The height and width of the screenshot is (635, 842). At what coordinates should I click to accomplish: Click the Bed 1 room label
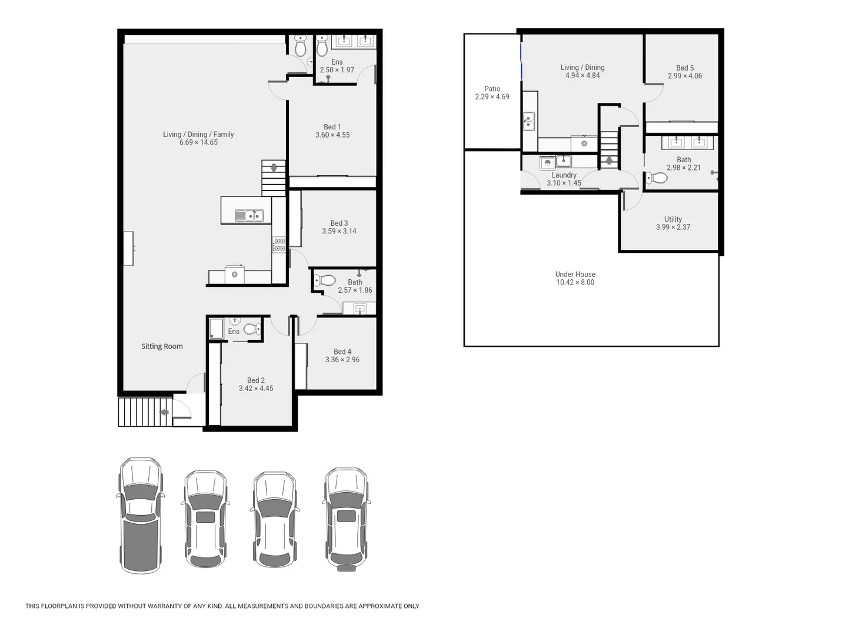pos(332,127)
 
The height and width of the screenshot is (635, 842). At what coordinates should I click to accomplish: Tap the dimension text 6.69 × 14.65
pos(198,142)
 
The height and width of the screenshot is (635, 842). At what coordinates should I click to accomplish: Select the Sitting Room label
pos(162,346)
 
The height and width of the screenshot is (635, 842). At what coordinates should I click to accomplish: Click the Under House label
pos(575,274)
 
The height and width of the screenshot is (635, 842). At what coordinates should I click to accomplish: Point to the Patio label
pos(492,89)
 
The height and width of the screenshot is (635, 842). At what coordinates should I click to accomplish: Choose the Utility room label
pos(673,219)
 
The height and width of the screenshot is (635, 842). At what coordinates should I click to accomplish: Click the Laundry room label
pos(564,175)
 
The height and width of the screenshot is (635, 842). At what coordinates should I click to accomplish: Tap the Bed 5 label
pos(684,68)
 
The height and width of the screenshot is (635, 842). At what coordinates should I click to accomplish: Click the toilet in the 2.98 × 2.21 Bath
pos(656,178)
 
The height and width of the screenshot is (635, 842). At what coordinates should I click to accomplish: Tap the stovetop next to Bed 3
pos(279,245)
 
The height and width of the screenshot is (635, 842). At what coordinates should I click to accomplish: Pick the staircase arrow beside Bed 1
pos(274,168)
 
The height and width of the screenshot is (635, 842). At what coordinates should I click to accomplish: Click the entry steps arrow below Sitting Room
pos(164,412)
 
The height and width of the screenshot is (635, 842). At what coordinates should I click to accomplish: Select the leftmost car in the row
pos(141,515)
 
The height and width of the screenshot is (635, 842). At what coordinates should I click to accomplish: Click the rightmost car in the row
pos(346,519)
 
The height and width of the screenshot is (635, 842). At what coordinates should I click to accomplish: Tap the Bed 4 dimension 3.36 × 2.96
pos(342,360)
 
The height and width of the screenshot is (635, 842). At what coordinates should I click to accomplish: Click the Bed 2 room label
pos(255,380)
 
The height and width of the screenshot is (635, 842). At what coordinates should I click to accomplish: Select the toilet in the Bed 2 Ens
pos(252,329)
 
